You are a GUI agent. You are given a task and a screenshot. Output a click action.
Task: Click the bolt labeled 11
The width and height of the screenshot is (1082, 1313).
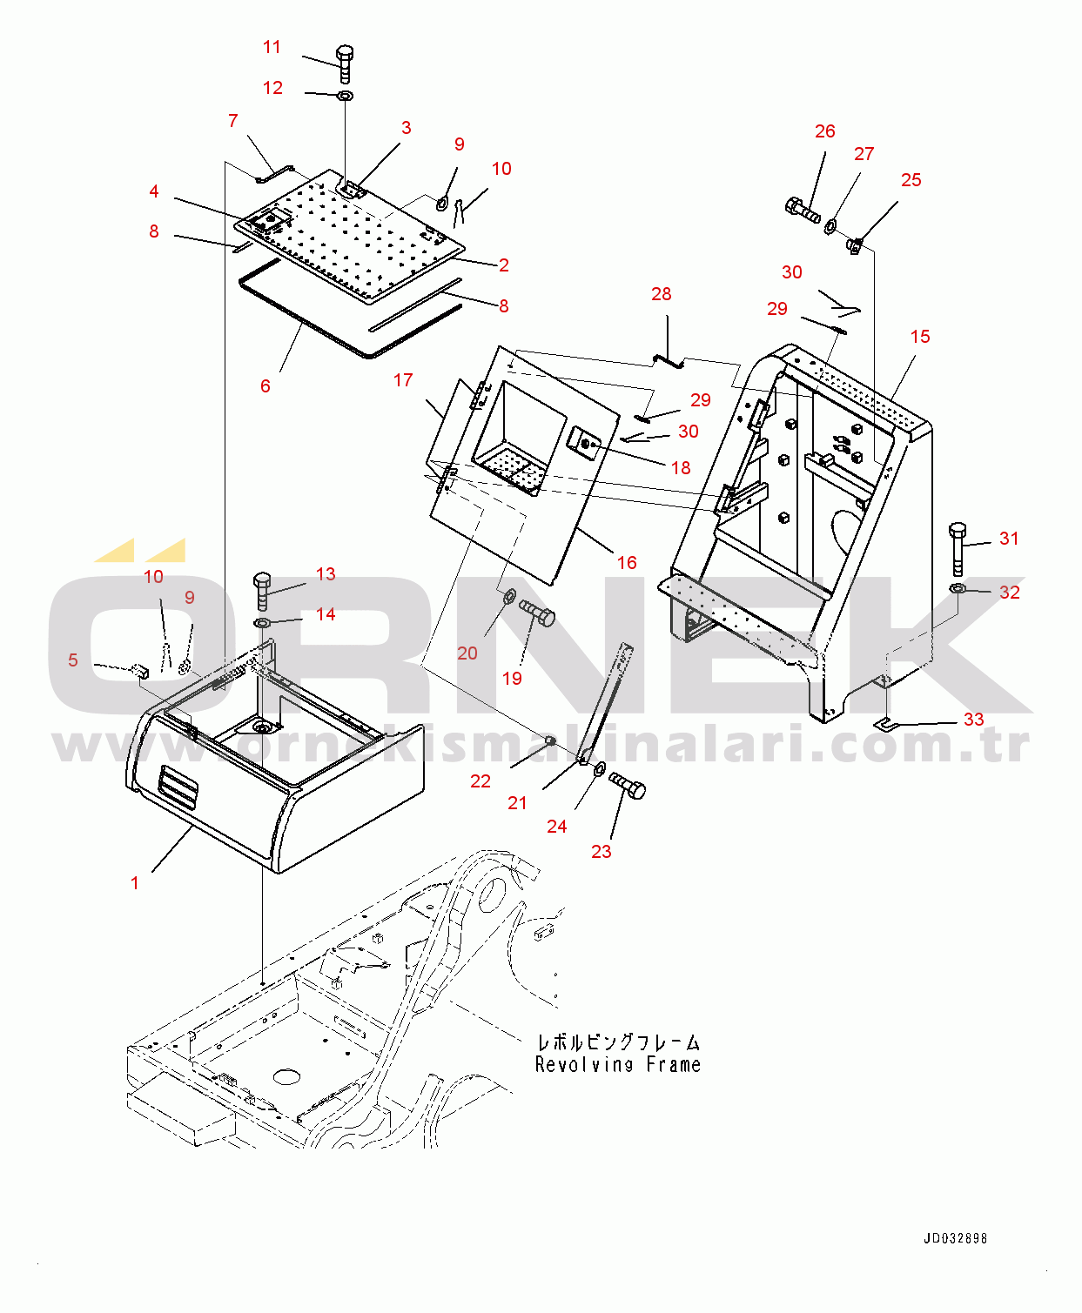tap(345, 64)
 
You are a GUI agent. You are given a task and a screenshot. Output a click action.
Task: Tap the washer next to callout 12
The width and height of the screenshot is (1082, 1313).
tap(345, 96)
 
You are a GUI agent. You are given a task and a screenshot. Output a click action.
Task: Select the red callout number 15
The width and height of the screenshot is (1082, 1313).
tap(920, 337)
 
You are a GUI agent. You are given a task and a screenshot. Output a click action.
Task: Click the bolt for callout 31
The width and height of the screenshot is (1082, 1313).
tap(957, 548)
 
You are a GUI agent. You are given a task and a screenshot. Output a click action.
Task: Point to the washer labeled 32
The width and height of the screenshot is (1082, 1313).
tap(958, 588)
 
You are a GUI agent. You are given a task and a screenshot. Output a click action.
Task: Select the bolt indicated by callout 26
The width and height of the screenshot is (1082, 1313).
tap(802, 210)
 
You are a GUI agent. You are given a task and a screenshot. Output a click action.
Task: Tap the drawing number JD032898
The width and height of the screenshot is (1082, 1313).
tap(955, 1238)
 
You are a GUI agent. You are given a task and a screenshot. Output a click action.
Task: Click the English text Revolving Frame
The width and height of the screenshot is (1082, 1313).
tap(618, 1065)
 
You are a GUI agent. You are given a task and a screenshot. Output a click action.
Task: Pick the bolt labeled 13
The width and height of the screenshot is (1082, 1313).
tap(262, 591)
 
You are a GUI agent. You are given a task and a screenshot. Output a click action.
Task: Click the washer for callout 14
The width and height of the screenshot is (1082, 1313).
tap(262, 622)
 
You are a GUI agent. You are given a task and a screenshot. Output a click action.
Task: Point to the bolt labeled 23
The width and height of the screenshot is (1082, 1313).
tap(628, 786)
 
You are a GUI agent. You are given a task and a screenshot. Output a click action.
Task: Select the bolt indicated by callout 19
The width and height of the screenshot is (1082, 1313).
tap(536, 613)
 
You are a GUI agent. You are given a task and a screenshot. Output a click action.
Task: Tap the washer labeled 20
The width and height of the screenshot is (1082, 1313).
tap(510, 594)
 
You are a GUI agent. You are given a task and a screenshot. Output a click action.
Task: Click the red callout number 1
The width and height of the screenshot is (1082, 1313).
tap(135, 883)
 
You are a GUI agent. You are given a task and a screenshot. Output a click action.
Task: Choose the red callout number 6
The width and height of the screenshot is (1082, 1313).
tap(265, 386)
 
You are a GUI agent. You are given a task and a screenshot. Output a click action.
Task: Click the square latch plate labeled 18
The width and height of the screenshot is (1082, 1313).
tap(584, 443)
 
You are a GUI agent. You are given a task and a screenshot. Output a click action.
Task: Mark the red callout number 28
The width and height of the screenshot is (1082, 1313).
tap(662, 294)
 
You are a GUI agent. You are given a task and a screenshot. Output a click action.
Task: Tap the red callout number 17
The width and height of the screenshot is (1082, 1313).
tap(403, 380)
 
